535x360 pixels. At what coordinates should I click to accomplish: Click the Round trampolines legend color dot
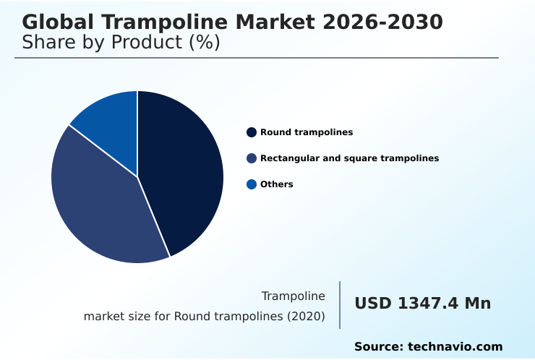[252, 132]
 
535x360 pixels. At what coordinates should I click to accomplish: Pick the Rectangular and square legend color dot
[252, 158]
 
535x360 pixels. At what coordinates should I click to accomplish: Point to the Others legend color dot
[252, 184]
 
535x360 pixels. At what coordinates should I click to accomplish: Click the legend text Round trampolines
[307, 132]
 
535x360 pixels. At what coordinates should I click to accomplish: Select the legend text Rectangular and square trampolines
[349, 158]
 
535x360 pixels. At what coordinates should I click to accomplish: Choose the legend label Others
[276, 184]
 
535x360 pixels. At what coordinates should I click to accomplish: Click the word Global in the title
[55, 22]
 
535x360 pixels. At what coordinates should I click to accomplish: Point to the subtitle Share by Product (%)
[121, 43]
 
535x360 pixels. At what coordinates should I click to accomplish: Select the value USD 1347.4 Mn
[422, 304]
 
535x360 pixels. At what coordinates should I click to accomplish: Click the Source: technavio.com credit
[428, 347]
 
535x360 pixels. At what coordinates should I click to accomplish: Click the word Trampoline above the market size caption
[293, 296]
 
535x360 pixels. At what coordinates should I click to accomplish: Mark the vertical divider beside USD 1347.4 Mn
[340, 305]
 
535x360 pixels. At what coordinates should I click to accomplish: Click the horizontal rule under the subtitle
[257, 58]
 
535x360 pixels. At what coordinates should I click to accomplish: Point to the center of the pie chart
[137, 177]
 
